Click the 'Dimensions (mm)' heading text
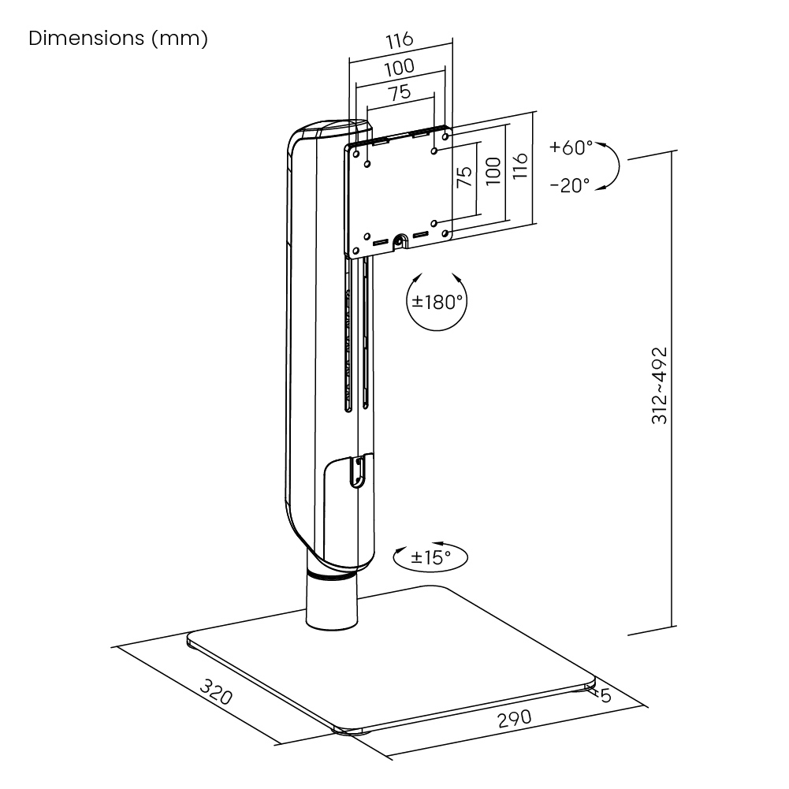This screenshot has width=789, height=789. click(x=118, y=39)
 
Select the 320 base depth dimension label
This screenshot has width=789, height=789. click(x=215, y=694)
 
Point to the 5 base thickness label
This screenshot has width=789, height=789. click(x=605, y=695)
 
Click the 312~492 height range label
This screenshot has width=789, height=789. click(x=660, y=385)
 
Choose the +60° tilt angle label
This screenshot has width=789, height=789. click(x=571, y=147)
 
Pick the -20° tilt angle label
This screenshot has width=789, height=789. click(x=569, y=185)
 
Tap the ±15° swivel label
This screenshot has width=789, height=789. click(x=431, y=556)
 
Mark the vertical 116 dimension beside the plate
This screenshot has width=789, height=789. click(x=518, y=168)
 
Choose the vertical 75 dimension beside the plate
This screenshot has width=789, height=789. click(x=464, y=177)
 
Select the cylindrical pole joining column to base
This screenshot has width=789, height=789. click(x=331, y=603)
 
